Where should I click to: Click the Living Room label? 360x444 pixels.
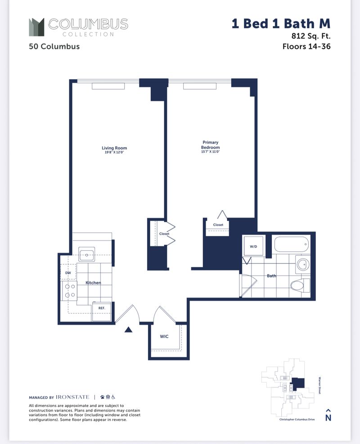point(114,148)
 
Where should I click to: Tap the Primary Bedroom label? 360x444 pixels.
point(211,145)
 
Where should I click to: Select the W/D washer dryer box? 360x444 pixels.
point(253,247)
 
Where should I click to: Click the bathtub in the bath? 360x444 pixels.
point(292,245)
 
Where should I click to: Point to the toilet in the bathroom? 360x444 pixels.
point(300,285)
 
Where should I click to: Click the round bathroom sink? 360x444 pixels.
point(301,264)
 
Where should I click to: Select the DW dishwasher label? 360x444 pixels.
point(68,273)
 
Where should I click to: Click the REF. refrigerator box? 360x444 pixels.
point(101,308)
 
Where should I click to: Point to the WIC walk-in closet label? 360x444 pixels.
point(164,336)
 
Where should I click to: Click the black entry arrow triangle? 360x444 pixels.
point(129,330)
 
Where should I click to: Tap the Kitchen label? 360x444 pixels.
point(93,283)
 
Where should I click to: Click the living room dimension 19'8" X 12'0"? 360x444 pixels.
point(114,153)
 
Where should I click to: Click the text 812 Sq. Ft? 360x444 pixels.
point(308,35)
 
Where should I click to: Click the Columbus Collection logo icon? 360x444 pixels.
point(36,27)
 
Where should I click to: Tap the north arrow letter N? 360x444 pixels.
point(328,417)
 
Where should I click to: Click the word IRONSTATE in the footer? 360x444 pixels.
point(73,397)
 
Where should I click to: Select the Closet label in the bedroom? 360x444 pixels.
point(218,225)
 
